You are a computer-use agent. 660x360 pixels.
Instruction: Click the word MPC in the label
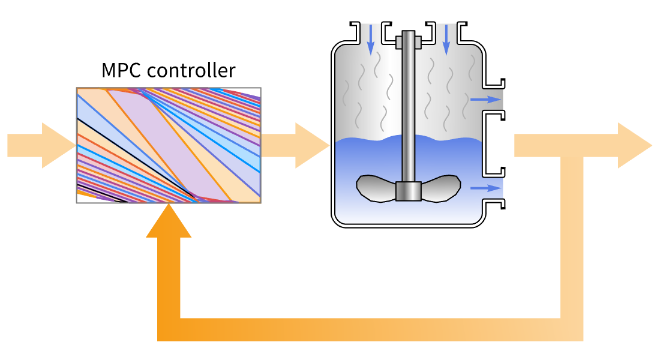click(122, 71)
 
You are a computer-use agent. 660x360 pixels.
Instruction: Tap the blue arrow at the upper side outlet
click(485, 100)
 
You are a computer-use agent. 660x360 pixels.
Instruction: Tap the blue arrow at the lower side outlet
click(485, 188)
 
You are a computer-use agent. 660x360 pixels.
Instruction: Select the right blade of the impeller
click(441, 187)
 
